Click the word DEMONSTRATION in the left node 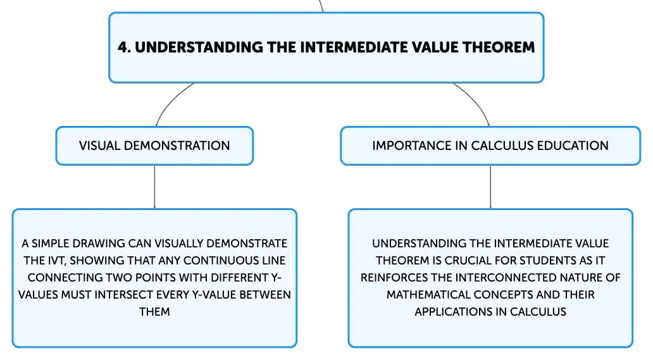(177, 146)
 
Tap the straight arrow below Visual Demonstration (154, 187)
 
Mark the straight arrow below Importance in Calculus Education (490, 187)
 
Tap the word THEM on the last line (154, 312)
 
